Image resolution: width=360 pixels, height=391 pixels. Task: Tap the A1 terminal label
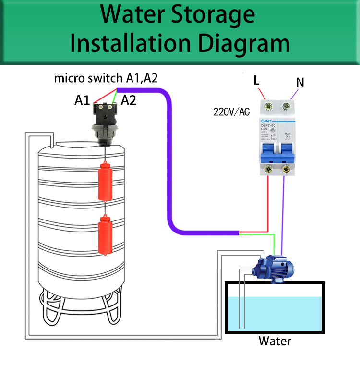pyautogui.click(x=82, y=100)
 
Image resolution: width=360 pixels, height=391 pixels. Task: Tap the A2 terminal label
pyautogui.click(x=129, y=100)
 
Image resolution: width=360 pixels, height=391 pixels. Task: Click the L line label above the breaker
pyautogui.click(x=257, y=80)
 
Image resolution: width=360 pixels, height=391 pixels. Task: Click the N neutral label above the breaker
pyautogui.click(x=300, y=83)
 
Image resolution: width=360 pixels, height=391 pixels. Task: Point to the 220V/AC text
pyautogui.click(x=231, y=112)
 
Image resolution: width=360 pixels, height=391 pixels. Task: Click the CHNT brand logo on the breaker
pyautogui.click(x=267, y=121)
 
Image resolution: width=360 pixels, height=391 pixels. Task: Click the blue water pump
pyautogui.click(x=274, y=267)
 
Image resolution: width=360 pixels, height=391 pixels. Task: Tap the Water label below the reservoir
pyautogui.click(x=275, y=341)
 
